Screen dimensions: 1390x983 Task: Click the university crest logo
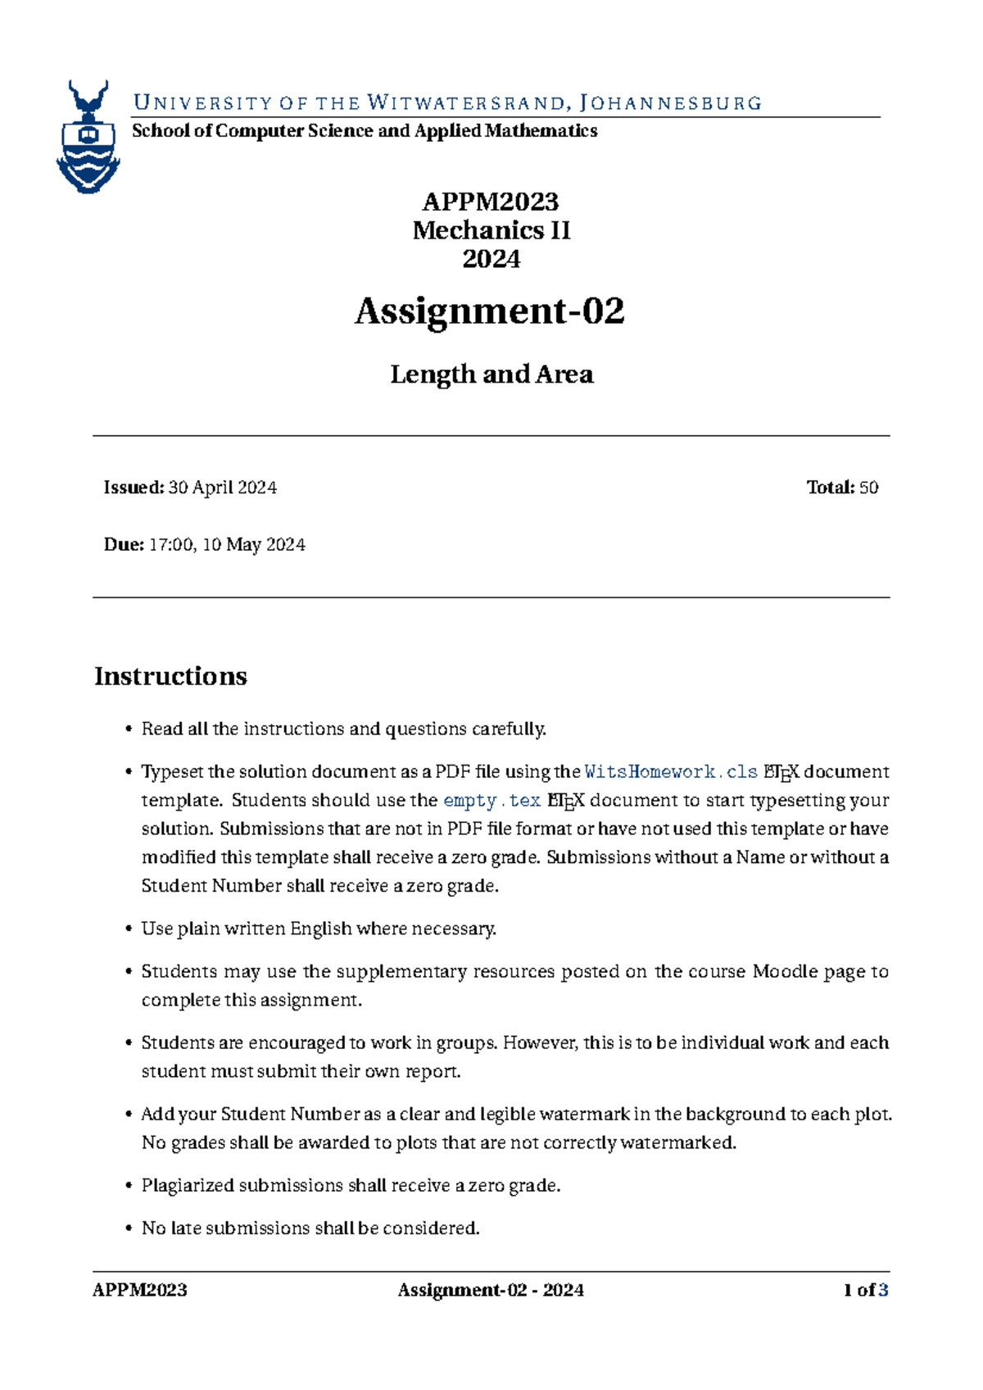coord(88,137)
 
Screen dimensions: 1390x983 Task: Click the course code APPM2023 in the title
coord(490,201)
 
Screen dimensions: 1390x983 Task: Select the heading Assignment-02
coord(490,311)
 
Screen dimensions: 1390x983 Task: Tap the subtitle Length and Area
coord(491,375)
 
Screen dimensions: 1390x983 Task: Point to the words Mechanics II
coord(491,230)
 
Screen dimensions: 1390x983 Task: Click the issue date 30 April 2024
coord(222,488)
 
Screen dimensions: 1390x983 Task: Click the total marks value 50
coord(868,488)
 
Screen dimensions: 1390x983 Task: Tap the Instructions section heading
coord(170,676)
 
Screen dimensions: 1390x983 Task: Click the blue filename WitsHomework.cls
coord(671,772)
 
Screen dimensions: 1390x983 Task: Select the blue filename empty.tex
coord(491,801)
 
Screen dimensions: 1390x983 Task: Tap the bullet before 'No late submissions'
coord(129,1229)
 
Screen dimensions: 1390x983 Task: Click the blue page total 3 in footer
coord(883,1291)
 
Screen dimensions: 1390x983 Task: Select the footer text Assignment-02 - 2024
coord(491,1291)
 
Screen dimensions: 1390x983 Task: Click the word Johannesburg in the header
coord(670,103)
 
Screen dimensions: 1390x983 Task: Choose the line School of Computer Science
coord(364,131)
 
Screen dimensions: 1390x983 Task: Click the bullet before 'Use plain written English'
coord(129,929)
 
